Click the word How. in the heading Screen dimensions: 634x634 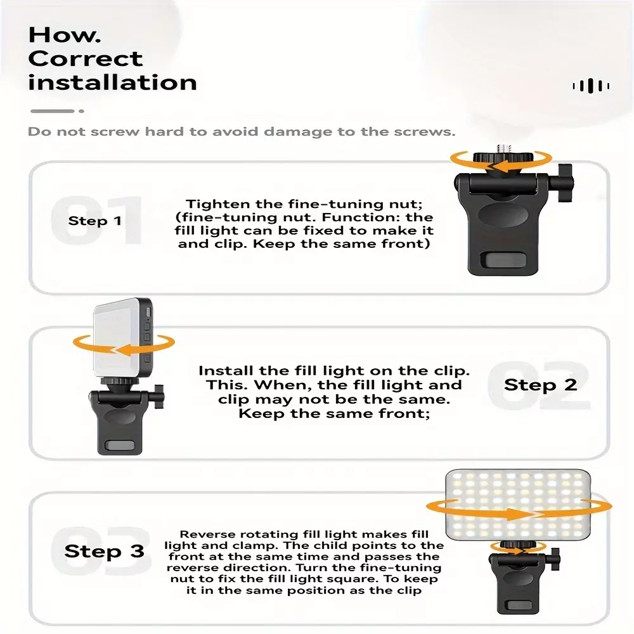tap(64, 35)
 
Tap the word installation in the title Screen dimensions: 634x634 tap(112, 82)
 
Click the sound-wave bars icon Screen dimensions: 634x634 tap(591, 86)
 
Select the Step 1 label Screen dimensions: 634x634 tap(95, 221)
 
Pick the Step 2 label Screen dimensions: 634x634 tap(540, 385)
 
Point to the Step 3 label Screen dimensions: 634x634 tap(105, 551)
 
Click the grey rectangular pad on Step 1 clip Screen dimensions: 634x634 tap(503, 259)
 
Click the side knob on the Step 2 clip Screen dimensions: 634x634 tap(159, 396)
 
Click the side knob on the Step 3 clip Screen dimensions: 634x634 tap(555, 559)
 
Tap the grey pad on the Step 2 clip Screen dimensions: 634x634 tap(120, 445)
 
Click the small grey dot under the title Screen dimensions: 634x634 tap(82, 111)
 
